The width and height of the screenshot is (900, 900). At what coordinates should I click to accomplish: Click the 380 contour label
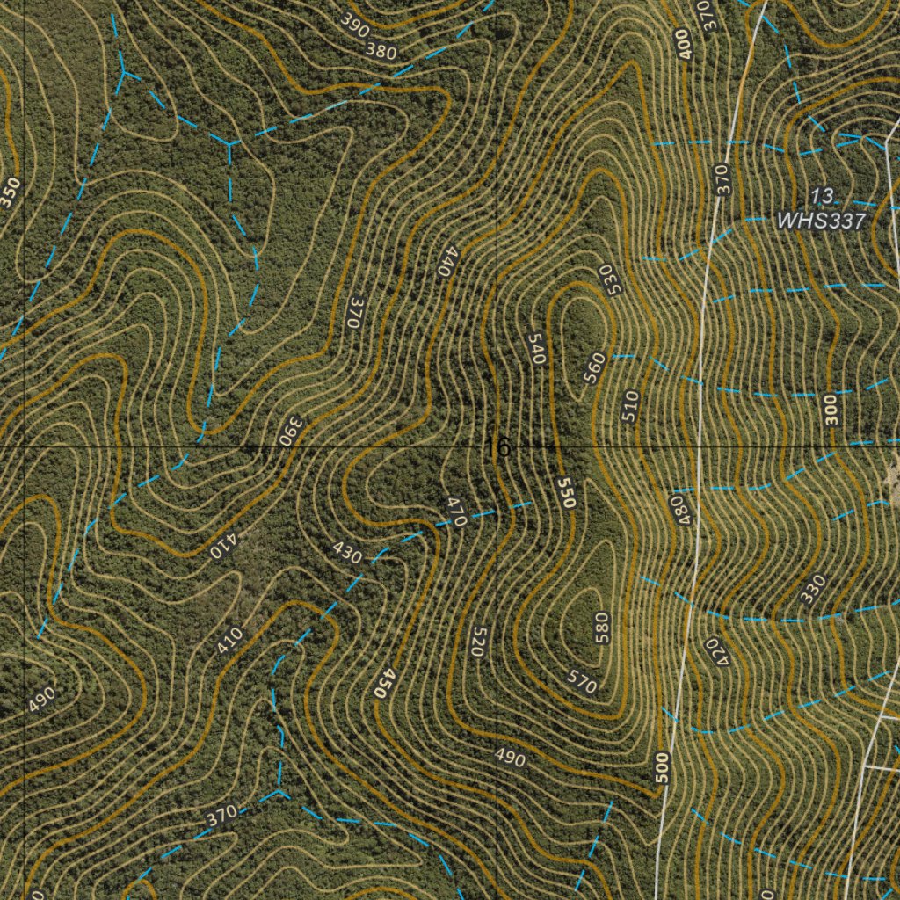(381, 51)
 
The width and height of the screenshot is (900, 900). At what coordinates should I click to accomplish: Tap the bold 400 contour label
(685, 44)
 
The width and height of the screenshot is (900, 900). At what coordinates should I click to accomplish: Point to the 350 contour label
(10, 192)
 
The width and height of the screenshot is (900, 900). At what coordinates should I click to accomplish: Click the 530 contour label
(611, 279)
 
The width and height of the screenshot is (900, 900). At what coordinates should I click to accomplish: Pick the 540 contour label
(538, 348)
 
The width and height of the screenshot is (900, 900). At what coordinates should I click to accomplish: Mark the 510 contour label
(629, 406)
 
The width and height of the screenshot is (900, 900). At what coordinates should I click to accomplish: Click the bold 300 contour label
(831, 409)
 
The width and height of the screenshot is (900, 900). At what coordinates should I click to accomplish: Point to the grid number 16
(497, 447)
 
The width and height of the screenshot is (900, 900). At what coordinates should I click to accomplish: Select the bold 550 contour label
(566, 493)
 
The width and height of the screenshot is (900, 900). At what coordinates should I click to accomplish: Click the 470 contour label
(456, 512)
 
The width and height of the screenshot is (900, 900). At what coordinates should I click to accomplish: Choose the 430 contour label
(348, 554)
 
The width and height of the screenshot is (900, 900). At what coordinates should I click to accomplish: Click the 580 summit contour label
(601, 629)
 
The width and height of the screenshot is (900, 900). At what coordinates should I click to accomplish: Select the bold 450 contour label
(381, 682)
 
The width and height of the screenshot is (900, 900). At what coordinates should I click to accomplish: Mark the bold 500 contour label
(662, 768)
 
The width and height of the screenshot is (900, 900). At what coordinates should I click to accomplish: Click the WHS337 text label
(823, 221)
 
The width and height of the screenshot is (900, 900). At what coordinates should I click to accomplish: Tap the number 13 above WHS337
(823, 195)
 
